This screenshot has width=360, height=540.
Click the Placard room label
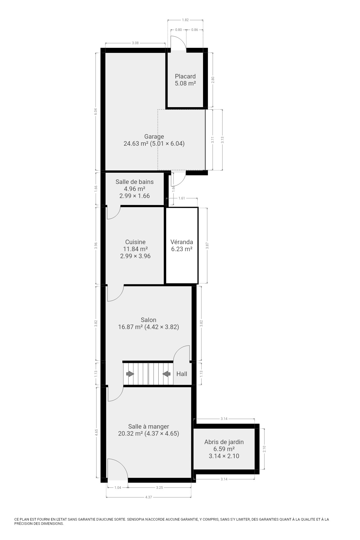click(x=185, y=76)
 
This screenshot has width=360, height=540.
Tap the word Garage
click(x=154, y=137)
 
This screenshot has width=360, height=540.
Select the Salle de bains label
click(x=134, y=182)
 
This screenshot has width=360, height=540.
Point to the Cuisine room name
click(x=135, y=242)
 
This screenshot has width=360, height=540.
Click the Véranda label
click(x=182, y=242)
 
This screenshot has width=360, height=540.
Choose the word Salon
click(x=148, y=320)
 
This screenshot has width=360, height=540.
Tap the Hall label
click(x=182, y=374)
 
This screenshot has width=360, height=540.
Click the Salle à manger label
click(x=148, y=426)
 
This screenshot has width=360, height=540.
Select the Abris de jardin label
click(x=224, y=442)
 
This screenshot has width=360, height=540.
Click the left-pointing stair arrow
click(x=166, y=374)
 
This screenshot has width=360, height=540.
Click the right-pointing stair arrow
click(x=130, y=374)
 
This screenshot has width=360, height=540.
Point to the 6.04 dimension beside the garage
click(x=96, y=112)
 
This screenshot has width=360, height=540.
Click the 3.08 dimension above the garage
click(x=135, y=43)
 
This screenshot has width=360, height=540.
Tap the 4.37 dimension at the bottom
click(x=148, y=497)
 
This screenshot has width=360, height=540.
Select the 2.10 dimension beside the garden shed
click(x=264, y=449)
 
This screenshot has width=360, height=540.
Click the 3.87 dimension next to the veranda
click(x=207, y=246)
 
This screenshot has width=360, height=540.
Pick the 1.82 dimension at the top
click(x=185, y=20)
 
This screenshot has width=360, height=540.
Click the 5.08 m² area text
click(x=185, y=84)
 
